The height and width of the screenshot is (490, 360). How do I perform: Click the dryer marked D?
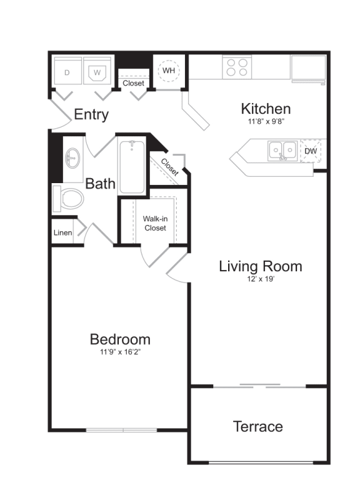coord(67,72)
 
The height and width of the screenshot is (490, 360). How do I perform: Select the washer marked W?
coord(97,72)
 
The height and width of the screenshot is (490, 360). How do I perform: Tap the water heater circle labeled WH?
coord(169,71)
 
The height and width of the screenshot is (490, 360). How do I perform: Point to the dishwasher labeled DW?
coord(311,151)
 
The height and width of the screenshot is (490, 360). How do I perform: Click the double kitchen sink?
coord(282,150)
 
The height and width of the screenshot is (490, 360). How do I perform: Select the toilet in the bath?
coord(69,199)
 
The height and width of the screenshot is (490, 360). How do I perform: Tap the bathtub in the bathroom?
coord(132,167)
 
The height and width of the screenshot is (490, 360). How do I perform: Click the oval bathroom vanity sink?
coord(72,159)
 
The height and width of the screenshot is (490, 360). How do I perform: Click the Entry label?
coord(91,115)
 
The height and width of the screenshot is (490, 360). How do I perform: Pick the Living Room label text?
coord(260,266)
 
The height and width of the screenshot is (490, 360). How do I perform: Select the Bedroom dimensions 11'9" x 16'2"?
coord(120,352)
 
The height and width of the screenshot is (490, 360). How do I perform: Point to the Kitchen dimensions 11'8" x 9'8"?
coord(266,122)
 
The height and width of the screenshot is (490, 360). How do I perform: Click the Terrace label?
coord(257,427)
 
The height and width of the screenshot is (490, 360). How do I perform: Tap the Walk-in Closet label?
coord(154,223)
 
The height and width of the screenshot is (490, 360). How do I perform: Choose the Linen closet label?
coord(62,233)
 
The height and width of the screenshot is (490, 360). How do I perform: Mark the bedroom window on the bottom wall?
coord(122,430)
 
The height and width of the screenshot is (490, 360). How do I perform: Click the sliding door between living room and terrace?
coord(259,386)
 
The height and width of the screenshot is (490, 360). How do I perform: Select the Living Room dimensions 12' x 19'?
coord(260,279)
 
